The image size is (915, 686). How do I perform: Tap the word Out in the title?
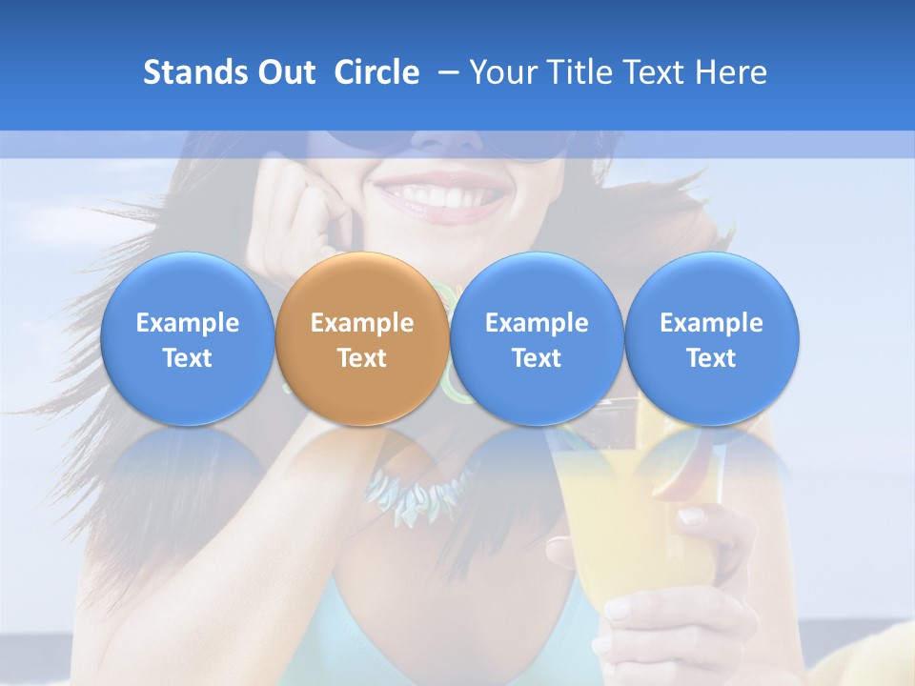click(x=285, y=72)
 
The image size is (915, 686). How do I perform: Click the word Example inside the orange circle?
click(x=362, y=323)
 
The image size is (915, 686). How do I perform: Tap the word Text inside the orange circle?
click(x=362, y=358)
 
